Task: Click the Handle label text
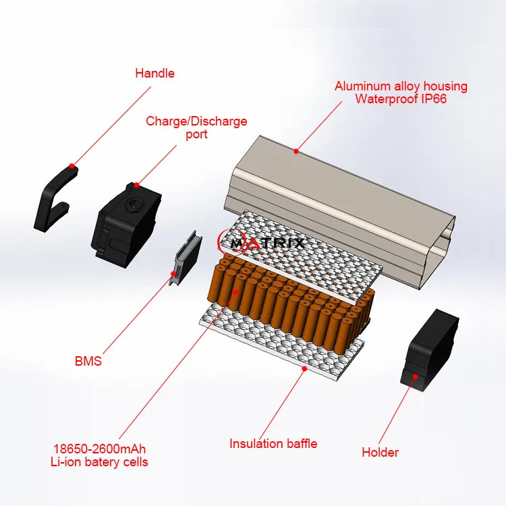point(154,73)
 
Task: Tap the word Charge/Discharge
point(196,121)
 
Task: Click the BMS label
point(88,361)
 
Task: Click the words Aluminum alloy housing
point(401,86)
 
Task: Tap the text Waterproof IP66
point(401,99)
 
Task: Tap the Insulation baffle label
point(273,443)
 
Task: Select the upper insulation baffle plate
point(304,243)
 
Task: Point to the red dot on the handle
point(73,165)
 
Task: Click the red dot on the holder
point(415,376)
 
